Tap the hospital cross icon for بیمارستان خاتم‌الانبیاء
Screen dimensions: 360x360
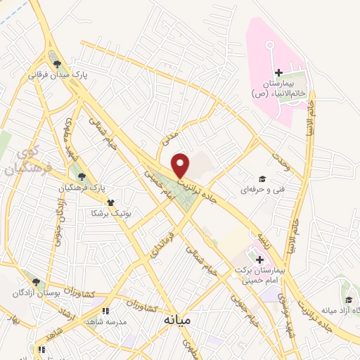(278, 72)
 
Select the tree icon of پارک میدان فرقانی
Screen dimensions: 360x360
(57, 64)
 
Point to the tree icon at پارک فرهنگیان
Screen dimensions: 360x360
(82, 176)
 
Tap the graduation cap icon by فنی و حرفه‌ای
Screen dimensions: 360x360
(262, 179)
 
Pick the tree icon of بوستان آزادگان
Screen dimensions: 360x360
(36, 282)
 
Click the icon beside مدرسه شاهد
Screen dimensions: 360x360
(106, 310)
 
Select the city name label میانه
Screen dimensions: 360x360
(176, 320)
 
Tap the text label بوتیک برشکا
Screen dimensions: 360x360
(112, 211)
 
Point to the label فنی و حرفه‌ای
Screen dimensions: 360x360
(259, 190)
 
